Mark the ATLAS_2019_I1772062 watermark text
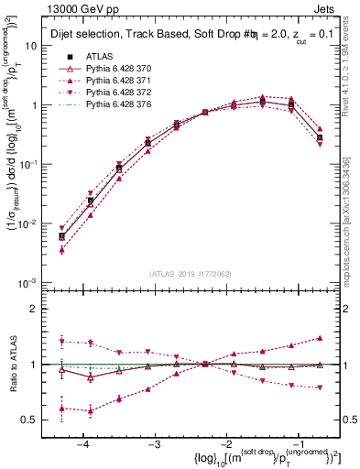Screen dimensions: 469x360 [190, 273]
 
